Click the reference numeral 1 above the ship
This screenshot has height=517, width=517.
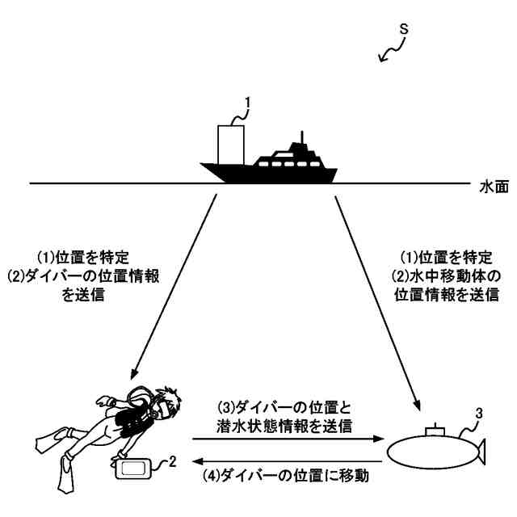pyautogui.click(x=249, y=103)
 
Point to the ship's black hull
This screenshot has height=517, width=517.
pyautogui.click(x=267, y=172)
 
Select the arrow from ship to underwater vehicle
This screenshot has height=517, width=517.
pyautogui.click(x=378, y=299)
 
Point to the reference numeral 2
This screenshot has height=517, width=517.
pyautogui.click(x=172, y=462)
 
